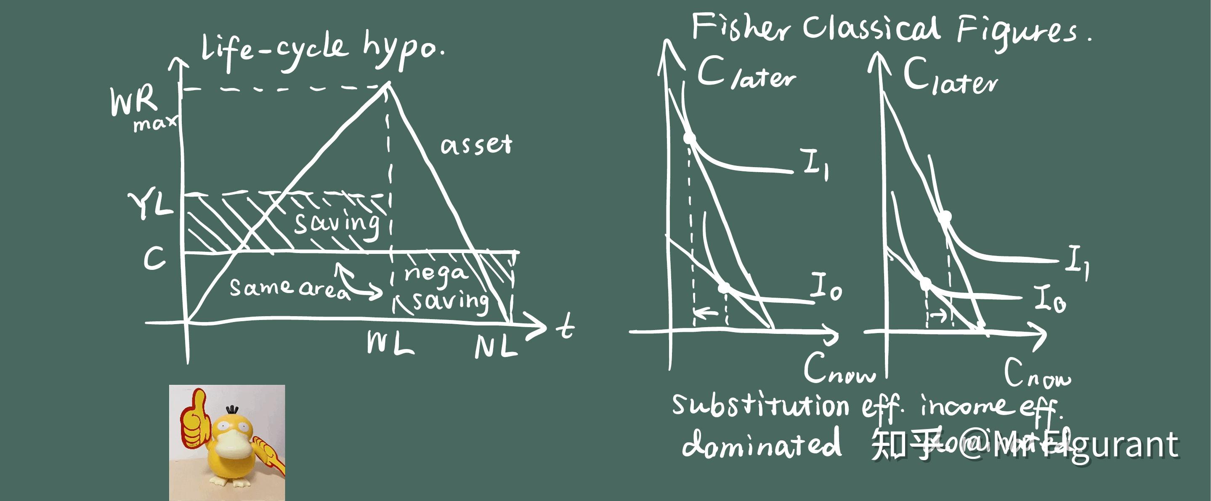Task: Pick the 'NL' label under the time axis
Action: pyautogui.click(x=496, y=347)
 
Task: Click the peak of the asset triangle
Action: pyautogui.click(x=388, y=84)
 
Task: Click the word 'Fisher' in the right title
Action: pyautogui.click(x=741, y=27)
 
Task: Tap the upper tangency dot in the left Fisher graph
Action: pyautogui.click(x=689, y=138)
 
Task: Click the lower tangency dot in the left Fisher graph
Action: pyautogui.click(x=725, y=287)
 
